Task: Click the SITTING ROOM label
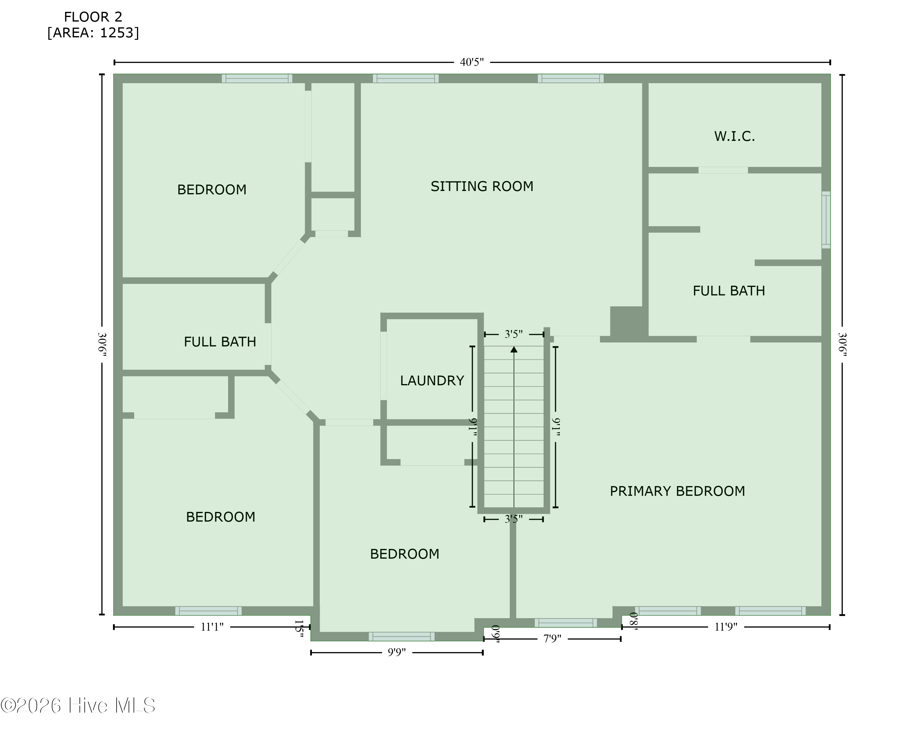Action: coord(482,186)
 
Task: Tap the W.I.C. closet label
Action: coord(734,136)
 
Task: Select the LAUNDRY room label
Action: coord(432,380)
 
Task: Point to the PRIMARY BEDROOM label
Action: coord(677,491)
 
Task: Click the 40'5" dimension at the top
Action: coord(472,62)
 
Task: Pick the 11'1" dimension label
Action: coord(212,627)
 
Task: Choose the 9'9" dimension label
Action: coord(396,652)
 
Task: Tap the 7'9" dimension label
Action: coord(552,639)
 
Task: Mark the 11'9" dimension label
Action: coord(725,627)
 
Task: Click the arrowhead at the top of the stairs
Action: coord(514,349)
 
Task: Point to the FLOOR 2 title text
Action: coord(93,17)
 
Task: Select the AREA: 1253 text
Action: coord(93,33)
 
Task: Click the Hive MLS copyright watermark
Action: coord(78,705)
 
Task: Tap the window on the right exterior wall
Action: coord(826,220)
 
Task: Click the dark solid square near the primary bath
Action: coord(627,322)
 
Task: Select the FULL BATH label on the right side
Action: coord(729,291)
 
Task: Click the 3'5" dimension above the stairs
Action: coord(514,335)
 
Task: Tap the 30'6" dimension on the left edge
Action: coord(102,345)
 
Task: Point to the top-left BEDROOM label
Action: coord(212,190)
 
